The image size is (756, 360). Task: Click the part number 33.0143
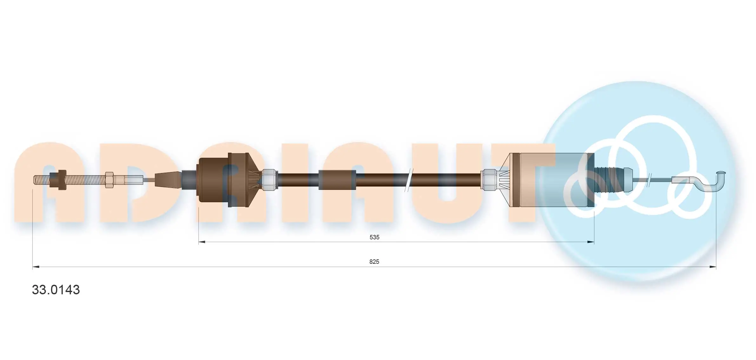click(56, 290)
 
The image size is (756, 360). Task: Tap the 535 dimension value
click(374, 237)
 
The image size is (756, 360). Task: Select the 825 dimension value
click(374, 262)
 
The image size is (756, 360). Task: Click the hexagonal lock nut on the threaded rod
click(109, 180)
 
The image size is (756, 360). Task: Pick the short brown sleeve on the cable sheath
click(337, 180)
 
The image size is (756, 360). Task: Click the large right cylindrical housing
click(552, 180)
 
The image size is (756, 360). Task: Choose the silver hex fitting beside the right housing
click(489, 180)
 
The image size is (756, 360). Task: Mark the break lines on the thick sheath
click(409, 180)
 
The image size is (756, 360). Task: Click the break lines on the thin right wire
click(649, 180)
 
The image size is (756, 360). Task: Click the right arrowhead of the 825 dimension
click(713, 267)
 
